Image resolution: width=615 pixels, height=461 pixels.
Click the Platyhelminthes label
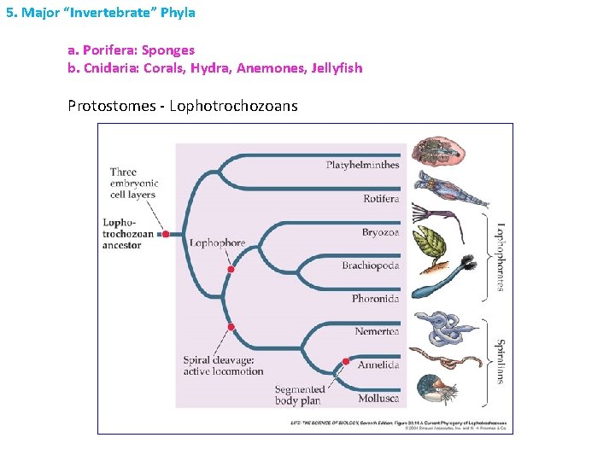coord(362,165)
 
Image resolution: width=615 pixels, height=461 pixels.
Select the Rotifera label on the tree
coord(381,199)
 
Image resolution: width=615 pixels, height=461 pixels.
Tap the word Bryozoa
coord(380,232)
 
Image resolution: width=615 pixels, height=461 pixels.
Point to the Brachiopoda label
coord(371,266)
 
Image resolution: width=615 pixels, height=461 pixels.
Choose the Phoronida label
coord(375,299)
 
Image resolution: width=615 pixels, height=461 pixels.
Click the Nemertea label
coord(377,331)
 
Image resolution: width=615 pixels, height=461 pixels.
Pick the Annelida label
coord(378,365)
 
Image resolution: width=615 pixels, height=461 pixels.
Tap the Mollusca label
coord(378,398)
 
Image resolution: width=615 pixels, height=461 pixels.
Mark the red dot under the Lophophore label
coord(230,270)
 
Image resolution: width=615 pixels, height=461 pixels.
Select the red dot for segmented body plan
coord(346,362)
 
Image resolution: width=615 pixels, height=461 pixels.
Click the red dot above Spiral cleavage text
coord(231,328)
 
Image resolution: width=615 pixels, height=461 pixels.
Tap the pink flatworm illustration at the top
coord(438,151)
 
